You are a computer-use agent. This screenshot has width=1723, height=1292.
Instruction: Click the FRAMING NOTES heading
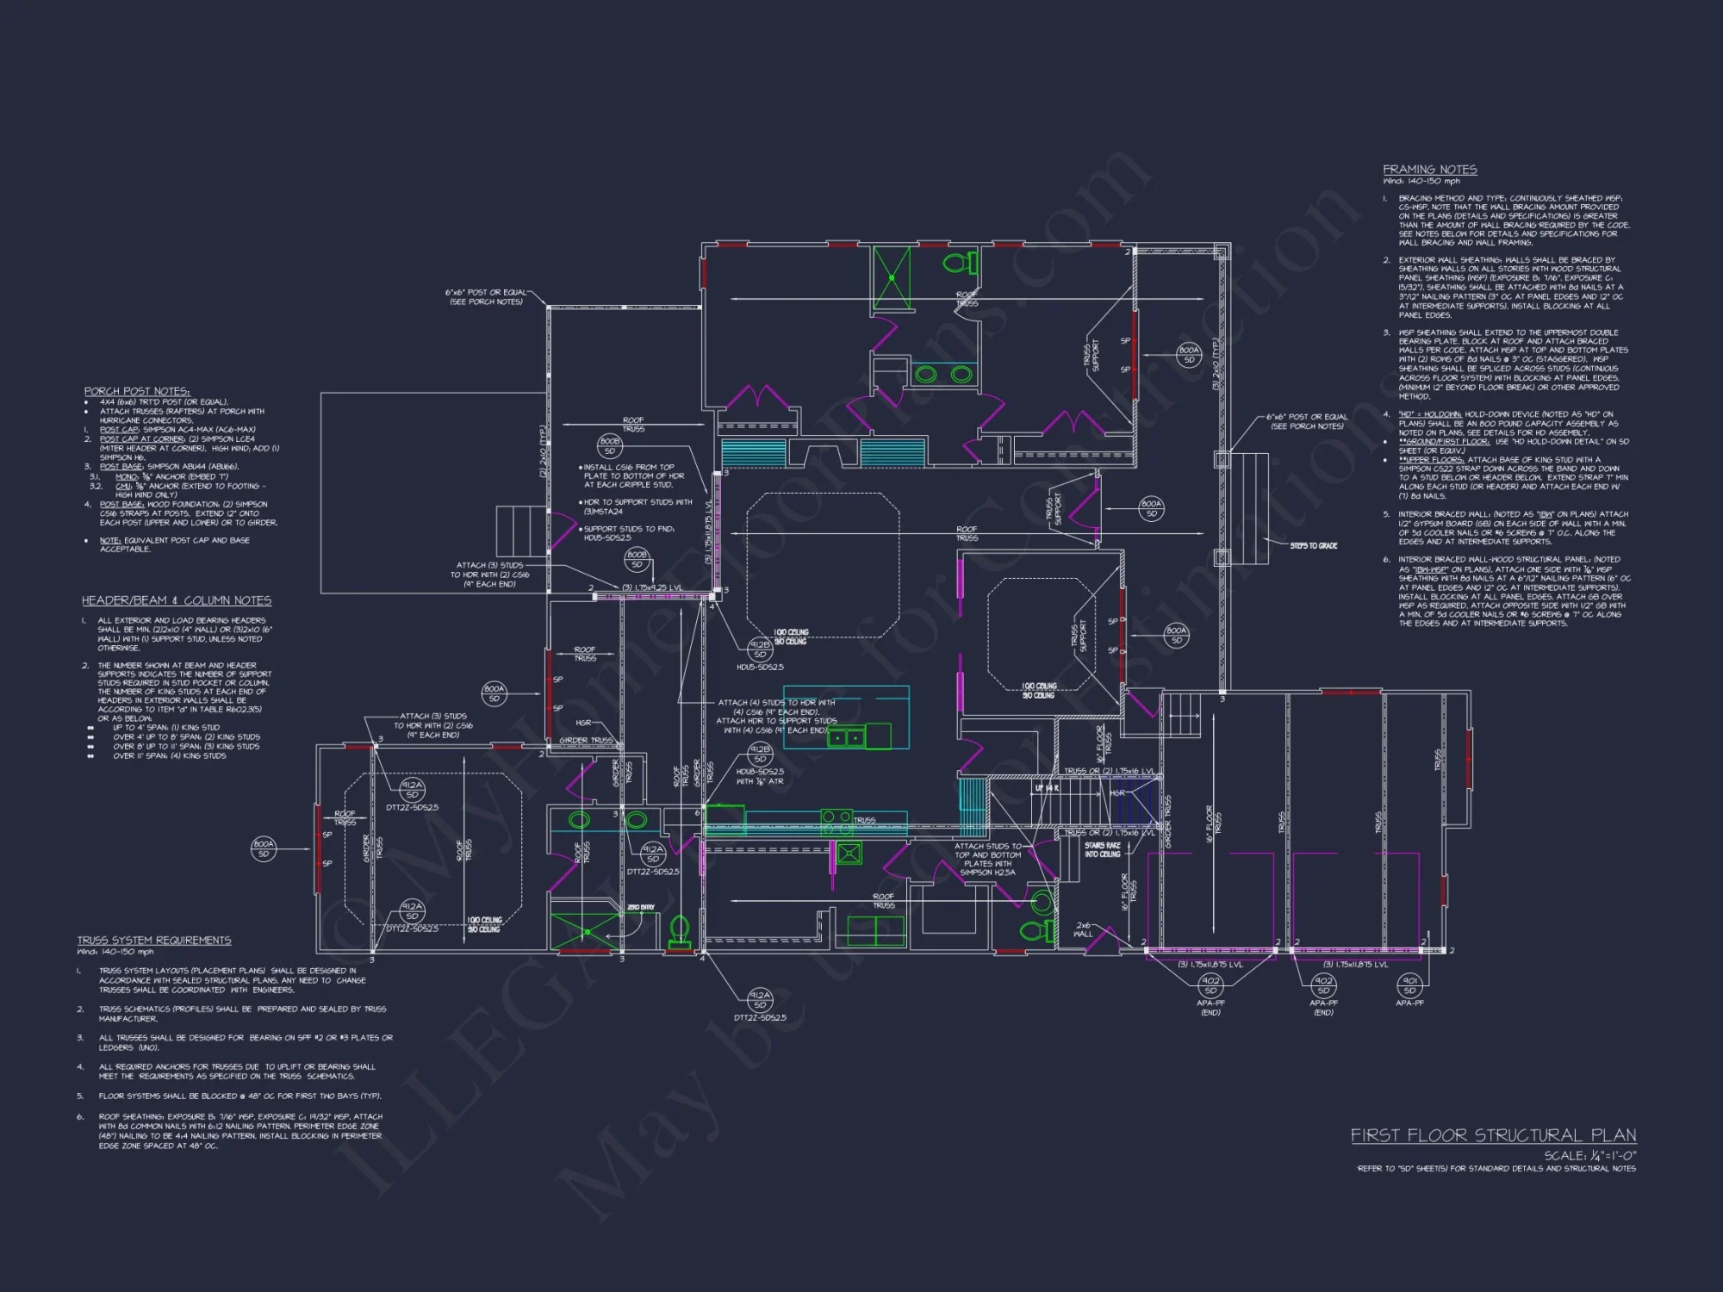click(x=1429, y=170)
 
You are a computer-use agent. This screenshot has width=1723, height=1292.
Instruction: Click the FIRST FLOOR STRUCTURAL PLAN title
click(x=1493, y=1135)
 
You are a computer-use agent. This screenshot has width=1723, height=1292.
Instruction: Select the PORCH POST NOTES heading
click(x=136, y=391)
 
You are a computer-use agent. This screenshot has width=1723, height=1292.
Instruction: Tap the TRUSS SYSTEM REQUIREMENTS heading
click(x=154, y=940)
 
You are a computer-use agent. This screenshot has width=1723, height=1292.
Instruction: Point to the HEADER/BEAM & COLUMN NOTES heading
click(x=176, y=600)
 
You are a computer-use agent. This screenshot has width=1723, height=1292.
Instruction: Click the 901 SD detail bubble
click(x=1409, y=985)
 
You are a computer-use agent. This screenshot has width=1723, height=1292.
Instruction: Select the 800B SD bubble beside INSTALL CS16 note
click(x=609, y=445)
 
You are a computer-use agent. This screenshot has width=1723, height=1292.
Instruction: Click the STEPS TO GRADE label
click(x=1313, y=546)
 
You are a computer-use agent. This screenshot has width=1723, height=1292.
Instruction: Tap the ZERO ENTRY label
click(x=640, y=908)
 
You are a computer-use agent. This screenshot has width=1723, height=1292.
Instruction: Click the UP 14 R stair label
click(x=1047, y=788)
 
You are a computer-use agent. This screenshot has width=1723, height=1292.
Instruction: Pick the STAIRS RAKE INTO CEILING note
click(x=1102, y=850)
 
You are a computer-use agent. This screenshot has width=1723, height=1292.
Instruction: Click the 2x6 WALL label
click(x=1083, y=929)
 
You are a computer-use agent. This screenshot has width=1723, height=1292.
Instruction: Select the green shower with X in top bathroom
click(x=891, y=276)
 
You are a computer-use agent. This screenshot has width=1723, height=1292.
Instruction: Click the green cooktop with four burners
click(x=849, y=854)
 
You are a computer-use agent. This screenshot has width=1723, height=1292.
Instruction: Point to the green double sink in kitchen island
click(x=845, y=737)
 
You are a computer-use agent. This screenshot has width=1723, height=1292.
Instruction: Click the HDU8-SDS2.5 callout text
click(x=760, y=772)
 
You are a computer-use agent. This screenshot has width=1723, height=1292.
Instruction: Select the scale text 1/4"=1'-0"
click(x=1589, y=1156)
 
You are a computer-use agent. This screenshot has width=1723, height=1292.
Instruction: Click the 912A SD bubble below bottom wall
click(x=759, y=999)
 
